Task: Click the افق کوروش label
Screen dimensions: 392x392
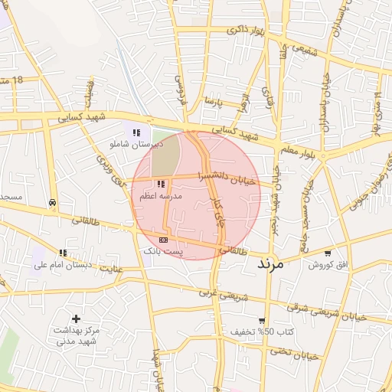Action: click(x=328, y=265)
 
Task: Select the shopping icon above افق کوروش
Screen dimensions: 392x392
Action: click(x=328, y=253)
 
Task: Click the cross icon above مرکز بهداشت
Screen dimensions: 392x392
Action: click(x=76, y=318)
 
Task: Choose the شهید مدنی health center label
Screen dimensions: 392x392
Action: click(x=73, y=341)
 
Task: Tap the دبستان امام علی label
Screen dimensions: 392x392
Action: click(x=63, y=265)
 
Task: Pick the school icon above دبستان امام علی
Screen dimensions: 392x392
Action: click(x=63, y=253)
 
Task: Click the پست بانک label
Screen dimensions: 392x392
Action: click(x=163, y=251)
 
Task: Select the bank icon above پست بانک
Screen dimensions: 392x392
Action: click(x=162, y=240)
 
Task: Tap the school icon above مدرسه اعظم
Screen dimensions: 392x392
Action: click(x=161, y=184)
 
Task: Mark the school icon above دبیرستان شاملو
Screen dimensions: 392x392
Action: click(x=136, y=132)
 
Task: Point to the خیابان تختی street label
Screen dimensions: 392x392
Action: click(x=296, y=354)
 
